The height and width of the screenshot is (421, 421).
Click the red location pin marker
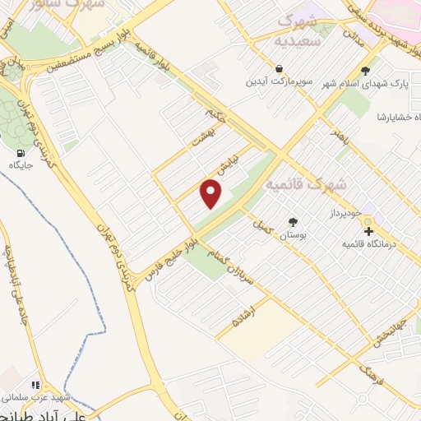coord(212,194)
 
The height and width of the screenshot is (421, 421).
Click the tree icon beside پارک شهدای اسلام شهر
coord(365,70)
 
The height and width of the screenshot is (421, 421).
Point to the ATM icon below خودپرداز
coord(367,231)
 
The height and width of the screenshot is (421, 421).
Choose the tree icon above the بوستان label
coord(293,221)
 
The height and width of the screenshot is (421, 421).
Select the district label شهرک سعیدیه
coord(297,30)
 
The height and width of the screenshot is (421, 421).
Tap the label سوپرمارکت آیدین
coord(280,83)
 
